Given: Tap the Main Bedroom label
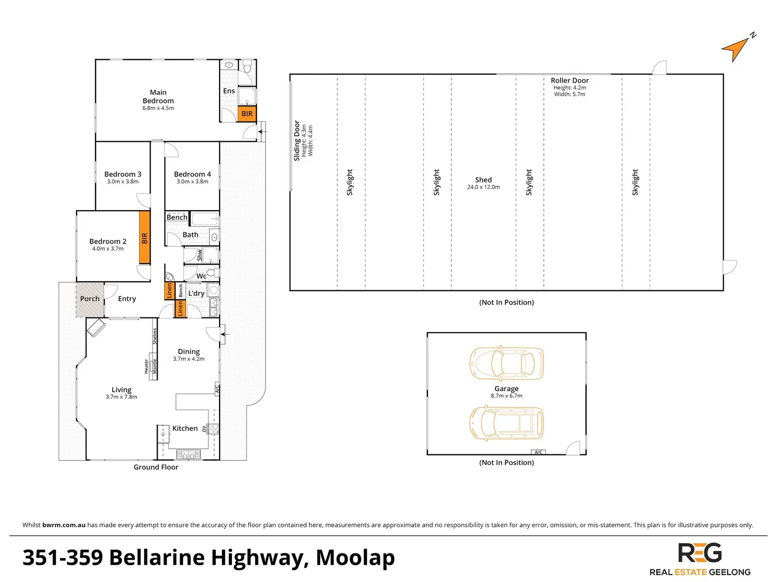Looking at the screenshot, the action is pyautogui.click(x=158, y=96).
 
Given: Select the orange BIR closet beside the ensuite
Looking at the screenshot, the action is pyautogui.click(x=247, y=114).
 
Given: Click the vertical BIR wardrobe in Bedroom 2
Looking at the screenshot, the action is pyautogui.click(x=145, y=238).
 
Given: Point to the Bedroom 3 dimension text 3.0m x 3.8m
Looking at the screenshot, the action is pyautogui.click(x=123, y=182).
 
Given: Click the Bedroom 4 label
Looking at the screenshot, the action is pyautogui.click(x=192, y=174).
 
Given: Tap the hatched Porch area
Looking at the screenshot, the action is pyautogui.click(x=90, y=299).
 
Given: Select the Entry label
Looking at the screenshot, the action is pyautogui.click(x=127, y=299).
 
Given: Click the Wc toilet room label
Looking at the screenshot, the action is pyautogui.click(x=201, y=276).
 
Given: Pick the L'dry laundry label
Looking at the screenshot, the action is pyautogui.click(x=196, y=293).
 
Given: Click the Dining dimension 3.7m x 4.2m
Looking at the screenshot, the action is pyautogui.click(x=189, y=359).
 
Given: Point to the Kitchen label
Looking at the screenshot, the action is pyautogui.click(x=185, y=428).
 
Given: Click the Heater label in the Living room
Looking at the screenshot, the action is pyautogui.click(x=146, y=366).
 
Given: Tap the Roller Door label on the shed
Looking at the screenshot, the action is pyautogui.click(x=570, y=81).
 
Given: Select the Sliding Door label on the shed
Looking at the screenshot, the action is pyautogui.click(x=297, y=141).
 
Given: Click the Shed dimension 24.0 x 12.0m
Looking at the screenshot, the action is pyautogui.click(x=483, y=188).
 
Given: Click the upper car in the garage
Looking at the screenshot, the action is pyautogui.click(x=506, y=363).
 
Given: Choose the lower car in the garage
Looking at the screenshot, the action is pyautogui.click(x=506, y=423).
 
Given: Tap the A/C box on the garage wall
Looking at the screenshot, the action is pyautogui.click(x=538, y=452).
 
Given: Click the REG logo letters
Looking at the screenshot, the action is pyautogui.click(x=699, y=552).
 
